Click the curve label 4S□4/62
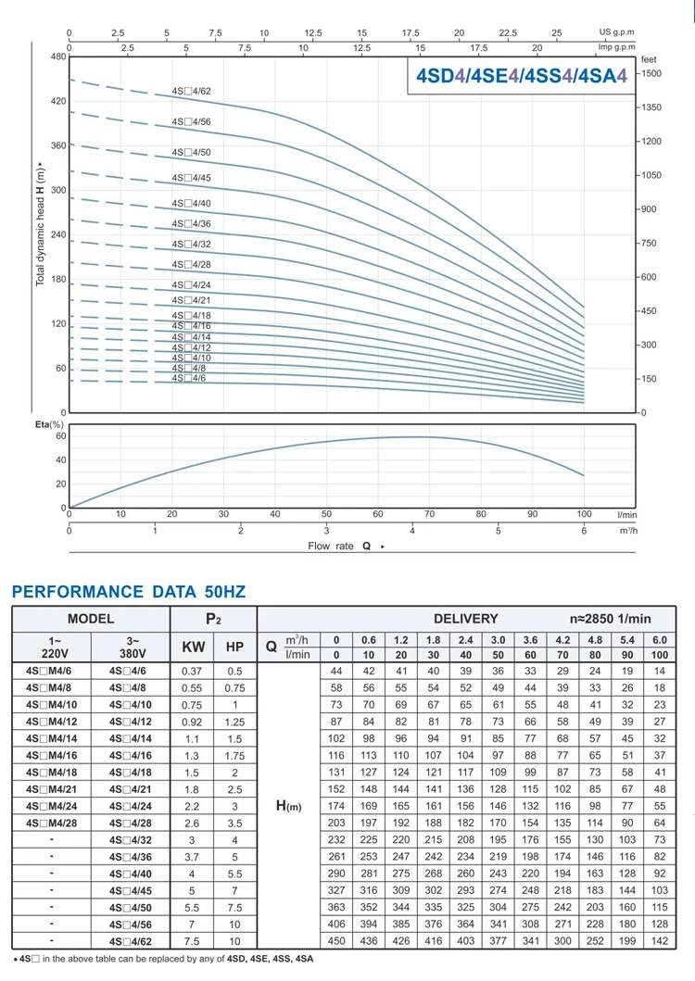click(x=191, y=91)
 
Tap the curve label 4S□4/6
click(x=189, y=378)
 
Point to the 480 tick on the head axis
click(x=57, y=57)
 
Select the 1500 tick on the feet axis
click(x=651, y=72)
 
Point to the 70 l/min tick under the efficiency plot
click(x=429, y=513)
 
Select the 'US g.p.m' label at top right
click(x=618, y=31)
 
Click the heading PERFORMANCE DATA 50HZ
click(x=129, y=592)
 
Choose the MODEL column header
click(x=90, y=618)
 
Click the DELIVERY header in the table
click(x=466, y=618)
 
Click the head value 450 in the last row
click(x=335, y=940)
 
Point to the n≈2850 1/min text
click(x=611, y=618)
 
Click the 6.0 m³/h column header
click(x=659, y=639)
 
